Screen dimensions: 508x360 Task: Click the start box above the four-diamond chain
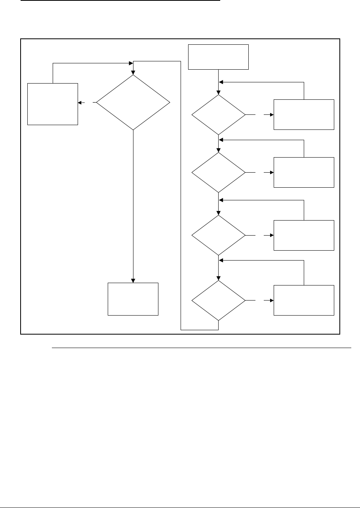click(x=218, y=57)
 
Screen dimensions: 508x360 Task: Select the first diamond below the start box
click(x=219, y=115)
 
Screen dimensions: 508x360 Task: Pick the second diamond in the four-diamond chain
click(x=219, y=173)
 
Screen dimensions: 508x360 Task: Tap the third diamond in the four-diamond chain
click(x=219, y=235)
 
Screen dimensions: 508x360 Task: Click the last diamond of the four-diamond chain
click(x=219, y=301)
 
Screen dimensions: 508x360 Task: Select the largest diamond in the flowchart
click(x=133, y=103)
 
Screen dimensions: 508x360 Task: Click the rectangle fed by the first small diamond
click(x=304, y=115)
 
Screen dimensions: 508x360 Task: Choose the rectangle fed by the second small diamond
click(x=304, y=173)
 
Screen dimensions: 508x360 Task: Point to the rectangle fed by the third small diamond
click(x=304, y=235)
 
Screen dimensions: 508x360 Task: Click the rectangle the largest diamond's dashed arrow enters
click(x=53, y=104)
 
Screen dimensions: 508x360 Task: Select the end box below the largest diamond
click(x=133, y=299)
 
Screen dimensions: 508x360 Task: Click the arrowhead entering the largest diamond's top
click(x=133, y=73)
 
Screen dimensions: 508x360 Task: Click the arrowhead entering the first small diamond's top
click(x=219, y=92)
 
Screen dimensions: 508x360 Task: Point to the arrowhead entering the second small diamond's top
click(x=219, y=150)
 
